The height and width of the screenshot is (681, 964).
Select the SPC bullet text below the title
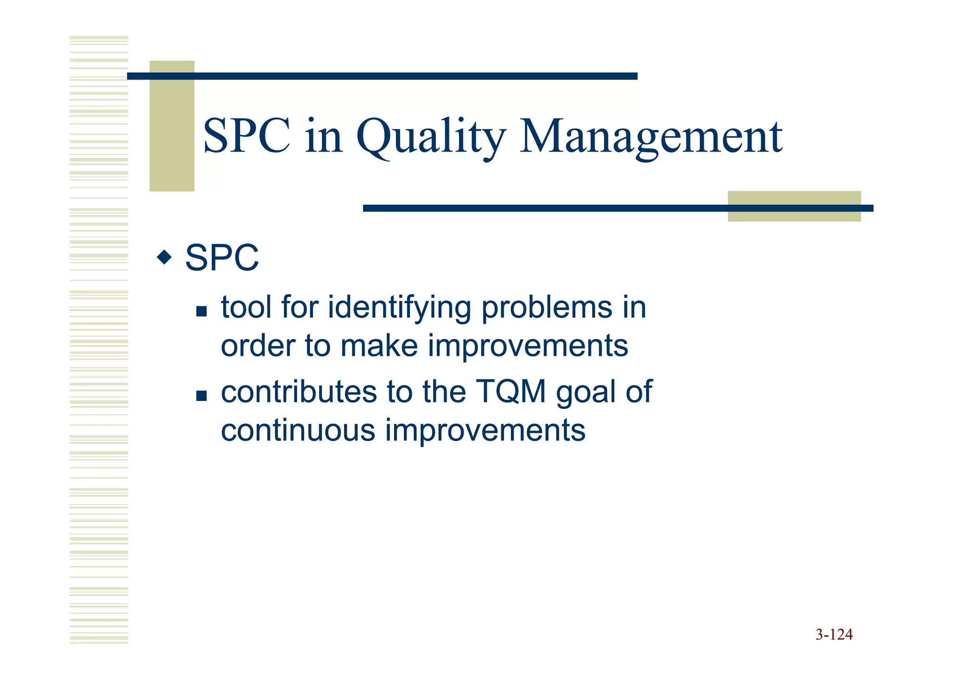pyautogui.click(x=222, y=258)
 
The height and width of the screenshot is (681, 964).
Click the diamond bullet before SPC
pyautogui.click(x=164, y=257)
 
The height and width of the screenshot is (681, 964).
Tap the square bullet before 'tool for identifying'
pyautogui.click(x=201, y=311)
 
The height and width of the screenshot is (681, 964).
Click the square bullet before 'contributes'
pyautogui.click(x=201, y=395)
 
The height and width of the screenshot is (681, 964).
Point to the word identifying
pyautogui.click(x=399, y=308)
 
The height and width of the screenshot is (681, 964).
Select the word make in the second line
pyautogui.click(x=379, y=345)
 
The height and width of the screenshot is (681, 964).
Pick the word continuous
pyautogui.click(x=298, y=430)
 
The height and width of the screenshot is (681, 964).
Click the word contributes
pyautogui.click(x=299, y=392)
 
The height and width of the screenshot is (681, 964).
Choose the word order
pyautogui.click(x=257, y=345)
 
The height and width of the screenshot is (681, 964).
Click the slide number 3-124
pyautogui.click(x=834, y=635)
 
